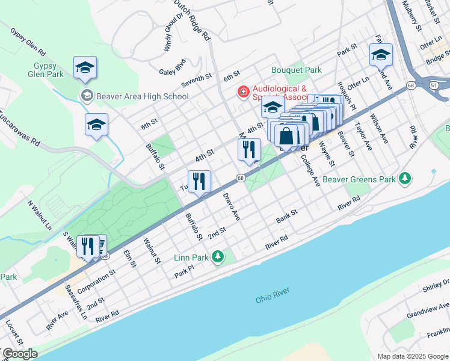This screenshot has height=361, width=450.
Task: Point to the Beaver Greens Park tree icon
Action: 406,179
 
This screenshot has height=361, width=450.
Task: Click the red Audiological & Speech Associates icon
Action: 243,92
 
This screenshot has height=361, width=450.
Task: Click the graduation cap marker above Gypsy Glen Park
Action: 85,67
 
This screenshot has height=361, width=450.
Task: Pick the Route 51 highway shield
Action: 434,85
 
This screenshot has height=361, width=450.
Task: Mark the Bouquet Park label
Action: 297,70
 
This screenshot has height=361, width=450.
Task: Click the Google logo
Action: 19,354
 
